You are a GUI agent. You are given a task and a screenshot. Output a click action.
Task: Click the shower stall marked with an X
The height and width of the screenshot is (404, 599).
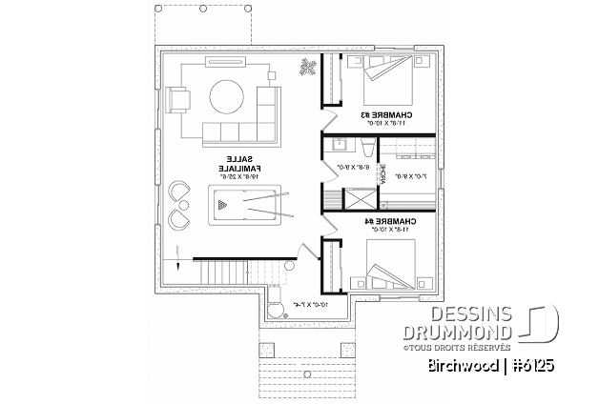[x=357, y=200]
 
